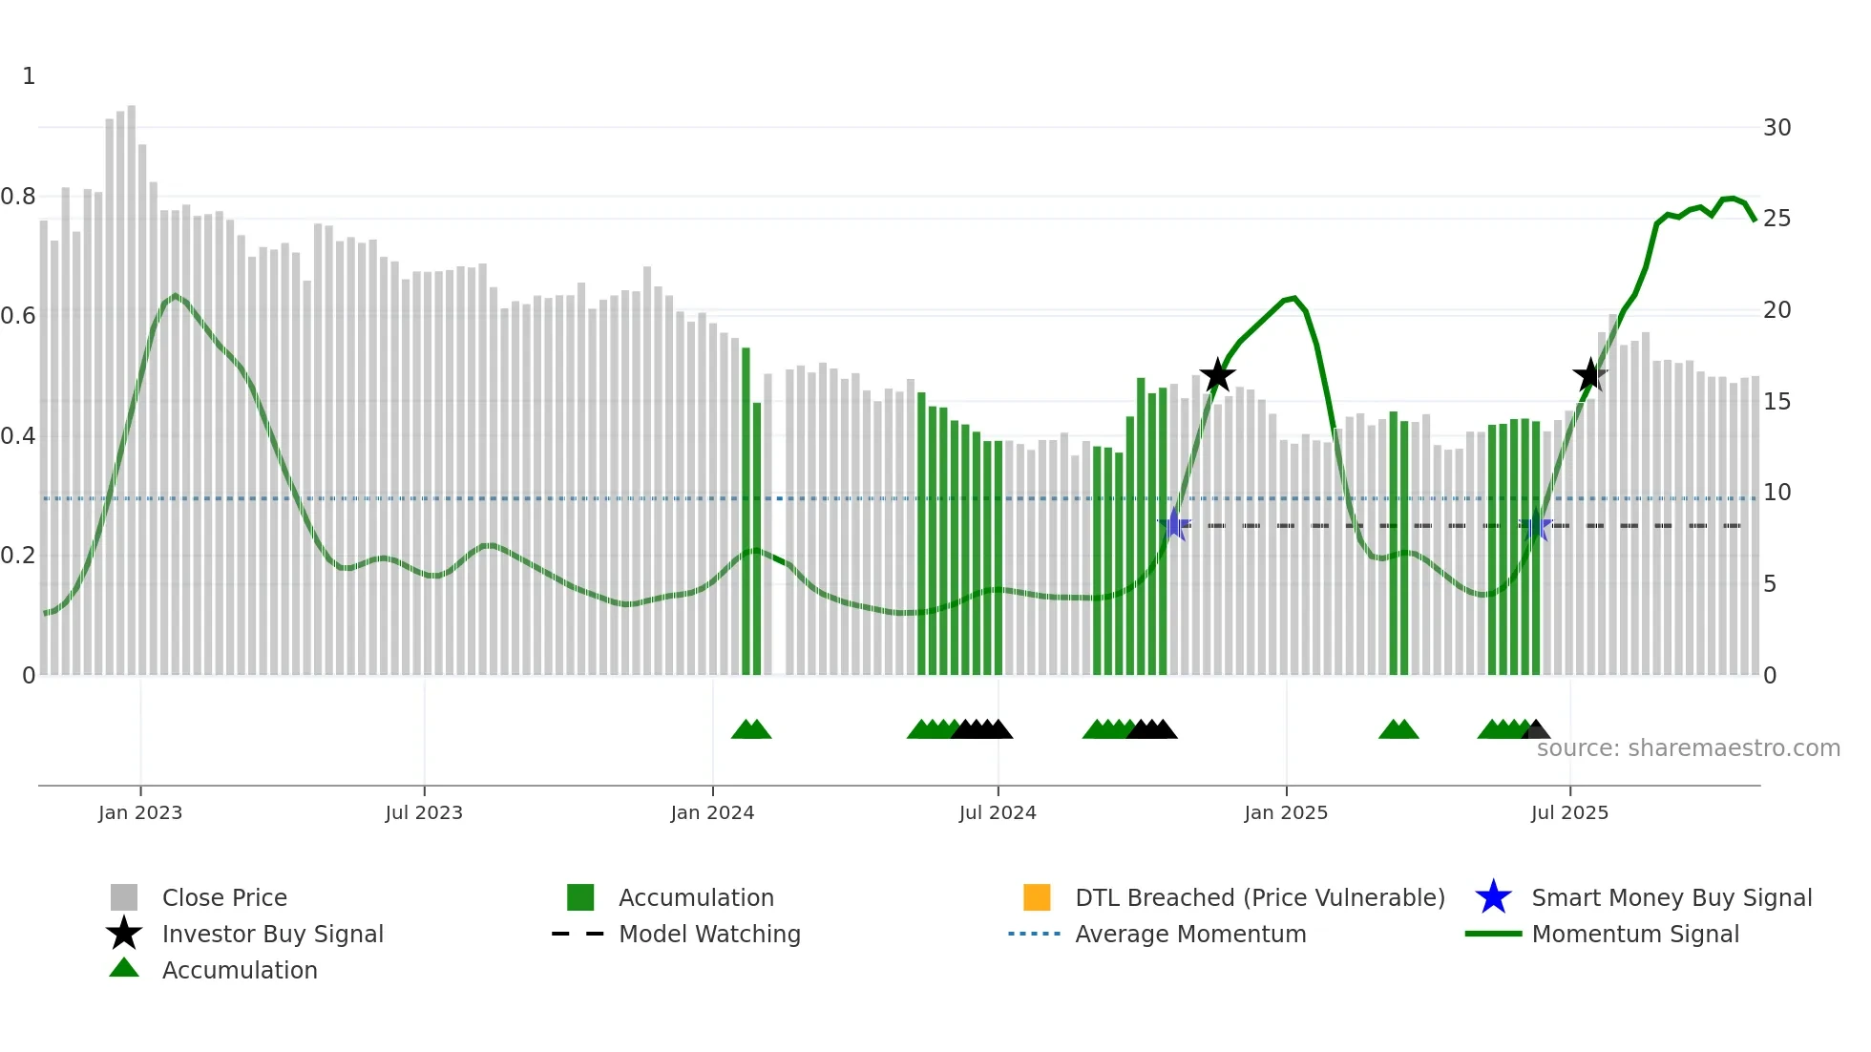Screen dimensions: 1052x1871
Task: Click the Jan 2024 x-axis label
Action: point(712,812)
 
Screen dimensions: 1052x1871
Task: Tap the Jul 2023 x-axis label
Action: point(424,812)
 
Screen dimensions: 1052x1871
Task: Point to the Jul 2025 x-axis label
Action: point(1569,812)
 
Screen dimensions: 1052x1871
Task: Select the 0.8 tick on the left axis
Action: point(18,197)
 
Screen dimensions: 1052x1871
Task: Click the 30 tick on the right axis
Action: point(1776,128)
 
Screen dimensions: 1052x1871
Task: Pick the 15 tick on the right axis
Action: point(1776,402)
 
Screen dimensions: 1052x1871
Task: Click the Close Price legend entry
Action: point(223,897)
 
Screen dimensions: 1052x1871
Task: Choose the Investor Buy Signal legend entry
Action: point(272,934)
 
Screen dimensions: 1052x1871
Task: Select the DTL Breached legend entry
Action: point(1259,897)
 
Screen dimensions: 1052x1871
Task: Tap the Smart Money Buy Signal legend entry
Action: point(1671,897)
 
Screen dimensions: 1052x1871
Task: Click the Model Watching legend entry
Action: point(708,934)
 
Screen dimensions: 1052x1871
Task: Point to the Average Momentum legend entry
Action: point(1189,934)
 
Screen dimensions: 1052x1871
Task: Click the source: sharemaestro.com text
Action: point(1688,747)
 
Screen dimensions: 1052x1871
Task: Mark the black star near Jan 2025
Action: point(1217,376)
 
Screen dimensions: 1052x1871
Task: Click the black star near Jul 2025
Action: point(1589,375)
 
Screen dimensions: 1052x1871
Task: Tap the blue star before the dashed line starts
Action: point(1174,524)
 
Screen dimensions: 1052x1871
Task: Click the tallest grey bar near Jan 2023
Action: point(131,382)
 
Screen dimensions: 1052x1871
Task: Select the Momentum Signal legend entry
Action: point(1634,934)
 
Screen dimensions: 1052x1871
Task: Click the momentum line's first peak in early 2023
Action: point(175,296)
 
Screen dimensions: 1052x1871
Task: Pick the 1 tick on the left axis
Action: point(29,76)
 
